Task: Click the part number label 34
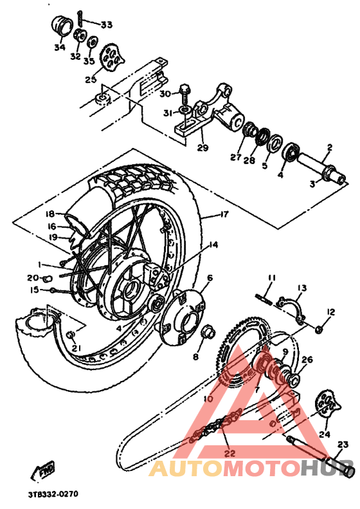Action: pyautogui.click(x=59, y=48)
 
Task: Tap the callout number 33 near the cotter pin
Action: pyautogui.click(x=105, y=25)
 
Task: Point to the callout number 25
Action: pyautogui.click(x=91, y=80)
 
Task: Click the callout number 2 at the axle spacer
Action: pyautogui.click(x=328, y=147)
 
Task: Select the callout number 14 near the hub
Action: pyautogui.click(x=213, y=245)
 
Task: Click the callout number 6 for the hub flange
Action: pyautogui.click(x=210, y=278)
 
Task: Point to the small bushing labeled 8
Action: pyautogui.click(x=209, y=333)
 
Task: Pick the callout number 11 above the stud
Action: pyautogui.click(x=271, y=277)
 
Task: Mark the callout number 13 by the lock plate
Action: pyautogui.click(x=302, y=288)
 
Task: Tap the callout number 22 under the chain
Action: pyautogui.click(x=229, y=453)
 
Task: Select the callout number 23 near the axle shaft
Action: pyautogui.click(x=342, y=444)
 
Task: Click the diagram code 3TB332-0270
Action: pyautogui.click(x=52, y=495)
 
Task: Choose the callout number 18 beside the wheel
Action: pyautogui.click(x=51, y=214)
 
